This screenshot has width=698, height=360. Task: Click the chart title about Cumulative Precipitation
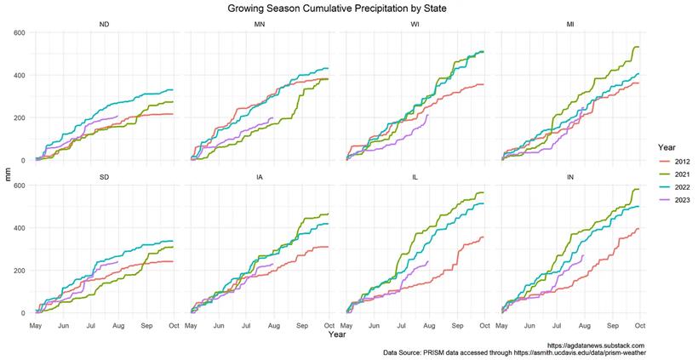[x=337, y=9]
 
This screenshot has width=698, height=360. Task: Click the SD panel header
[x=104, y=177]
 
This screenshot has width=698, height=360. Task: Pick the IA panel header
[x=259, y=177]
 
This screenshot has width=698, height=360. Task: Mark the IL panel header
[x=414, y=177]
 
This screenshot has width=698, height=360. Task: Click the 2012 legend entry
[x=672, y=159]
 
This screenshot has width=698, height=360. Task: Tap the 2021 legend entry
[x=672, y=173]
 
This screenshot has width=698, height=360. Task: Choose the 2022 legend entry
[x=672, y=186]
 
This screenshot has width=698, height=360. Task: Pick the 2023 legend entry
[x=672, y=200]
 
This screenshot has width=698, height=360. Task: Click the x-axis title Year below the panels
[x=337, y=334]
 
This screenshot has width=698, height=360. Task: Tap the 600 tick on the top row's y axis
[x=18, y=32]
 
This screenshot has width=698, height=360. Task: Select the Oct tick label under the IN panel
[x=639, y=325]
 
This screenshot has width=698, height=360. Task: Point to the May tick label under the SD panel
[x=36, y=325]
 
